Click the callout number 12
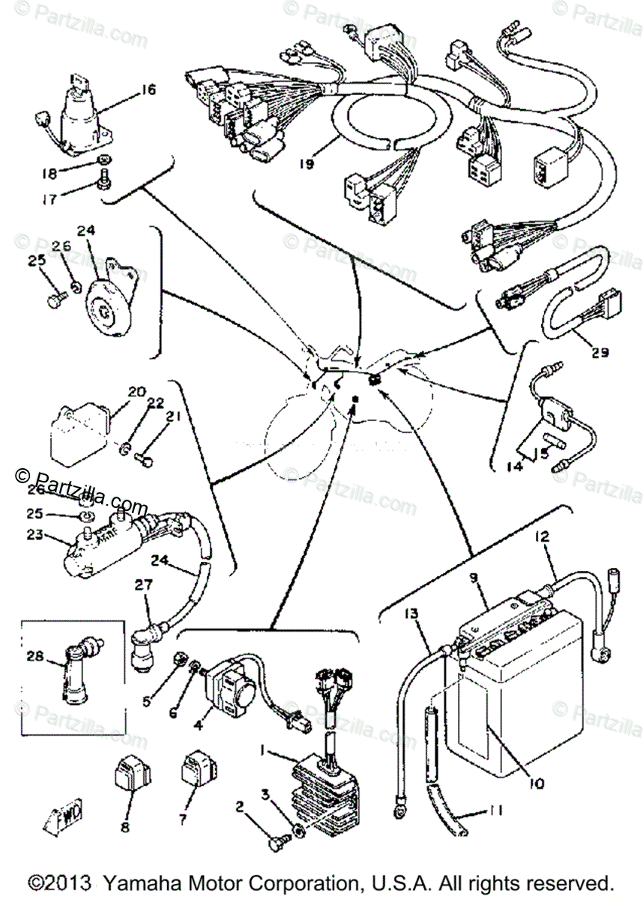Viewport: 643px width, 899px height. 542,536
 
